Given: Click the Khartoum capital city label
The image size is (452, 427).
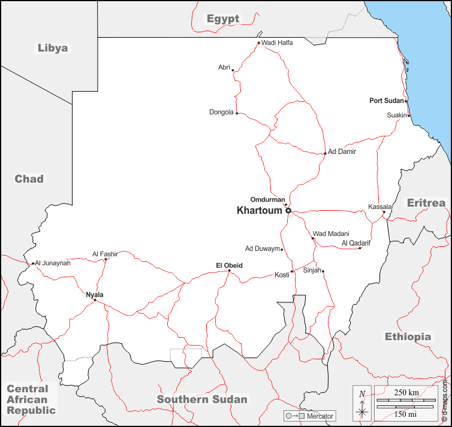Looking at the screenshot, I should (x=260, y=210).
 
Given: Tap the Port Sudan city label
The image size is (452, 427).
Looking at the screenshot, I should (x=387, y=101).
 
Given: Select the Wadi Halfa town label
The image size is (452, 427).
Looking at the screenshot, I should (x=277, y=43).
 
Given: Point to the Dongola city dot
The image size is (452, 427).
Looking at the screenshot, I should (x=237, y=113).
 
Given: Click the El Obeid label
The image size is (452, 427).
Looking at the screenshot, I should (x=229, y=265).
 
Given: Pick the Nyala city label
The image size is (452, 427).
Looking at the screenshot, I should (x=95, y=294).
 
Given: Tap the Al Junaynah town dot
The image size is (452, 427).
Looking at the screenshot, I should (x=32, y=263).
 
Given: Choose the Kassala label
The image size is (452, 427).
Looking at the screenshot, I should (x=379, y=207).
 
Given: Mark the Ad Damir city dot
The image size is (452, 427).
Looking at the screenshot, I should (x=325, y=153).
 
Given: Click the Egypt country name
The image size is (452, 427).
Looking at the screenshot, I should (x=223, y=19).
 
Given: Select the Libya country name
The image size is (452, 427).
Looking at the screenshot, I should (x=53, y=48).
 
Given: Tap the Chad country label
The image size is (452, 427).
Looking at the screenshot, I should (x=29, y=178).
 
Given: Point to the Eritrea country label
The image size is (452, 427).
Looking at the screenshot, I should (x=426, y=202).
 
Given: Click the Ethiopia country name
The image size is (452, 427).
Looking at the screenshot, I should (x=408, y=337).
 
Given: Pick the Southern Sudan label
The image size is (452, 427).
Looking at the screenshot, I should (x=202, y=399).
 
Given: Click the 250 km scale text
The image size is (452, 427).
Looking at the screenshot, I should (x=406, y=392).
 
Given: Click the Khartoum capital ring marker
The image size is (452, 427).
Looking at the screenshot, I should (x=288, y=211).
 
